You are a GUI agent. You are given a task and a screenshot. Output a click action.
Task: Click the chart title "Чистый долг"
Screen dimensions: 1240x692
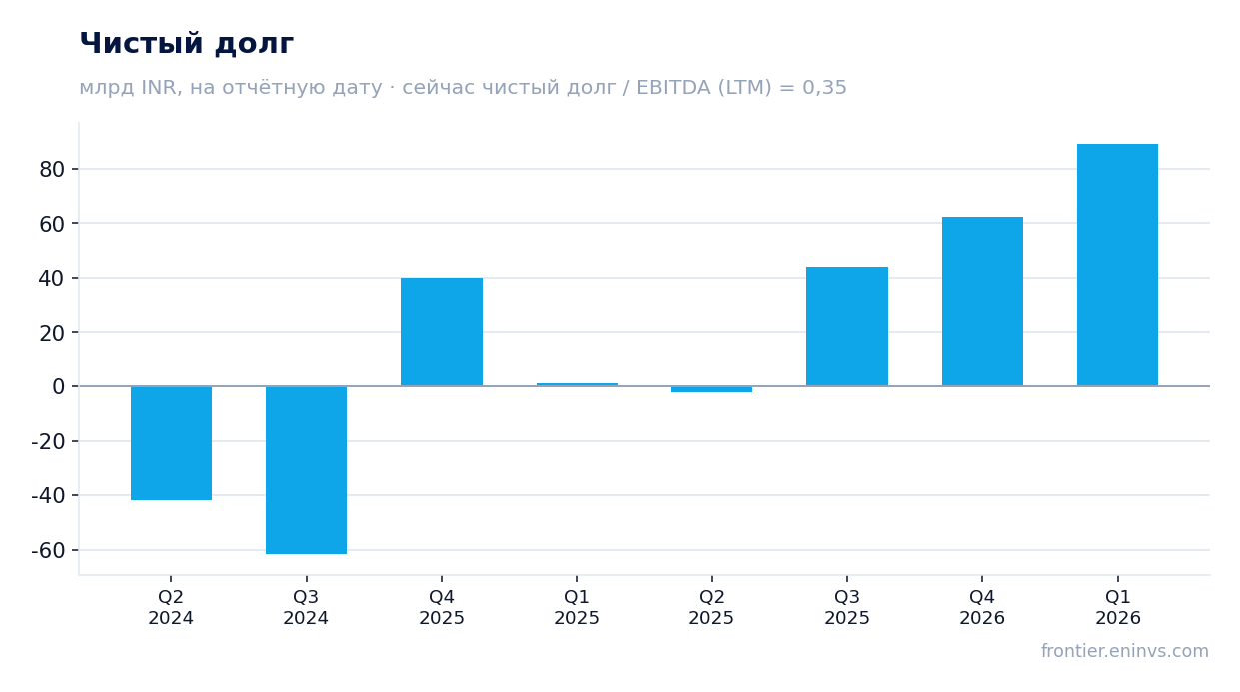point(187,43)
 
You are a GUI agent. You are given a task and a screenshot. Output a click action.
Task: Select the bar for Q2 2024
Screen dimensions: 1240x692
point(171,443)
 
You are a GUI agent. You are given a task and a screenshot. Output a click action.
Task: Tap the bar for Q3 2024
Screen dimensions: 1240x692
point(306,470)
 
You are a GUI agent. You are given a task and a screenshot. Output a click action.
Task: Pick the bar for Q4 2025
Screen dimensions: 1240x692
point(442,332)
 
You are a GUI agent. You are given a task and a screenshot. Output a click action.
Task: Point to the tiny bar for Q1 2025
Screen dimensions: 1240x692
point(577,384)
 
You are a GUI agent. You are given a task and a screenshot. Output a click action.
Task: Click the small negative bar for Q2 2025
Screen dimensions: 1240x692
point(711,389)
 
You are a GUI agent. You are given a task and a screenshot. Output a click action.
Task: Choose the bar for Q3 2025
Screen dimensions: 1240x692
point(847,327)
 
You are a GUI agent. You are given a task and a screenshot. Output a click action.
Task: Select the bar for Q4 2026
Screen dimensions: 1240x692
point(982,302)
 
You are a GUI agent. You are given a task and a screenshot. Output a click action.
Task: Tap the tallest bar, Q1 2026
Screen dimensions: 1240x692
point(1118,265)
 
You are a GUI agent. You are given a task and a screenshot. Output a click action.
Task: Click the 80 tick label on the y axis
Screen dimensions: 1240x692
point(52,170)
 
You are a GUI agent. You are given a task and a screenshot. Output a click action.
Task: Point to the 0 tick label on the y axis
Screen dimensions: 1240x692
point(59,386)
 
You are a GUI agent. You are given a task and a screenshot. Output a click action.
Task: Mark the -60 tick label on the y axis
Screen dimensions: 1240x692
point(48,550)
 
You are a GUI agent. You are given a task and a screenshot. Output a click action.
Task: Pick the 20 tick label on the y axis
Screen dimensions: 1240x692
point(52,333)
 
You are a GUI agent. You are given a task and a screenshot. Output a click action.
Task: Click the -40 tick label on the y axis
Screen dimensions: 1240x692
point(48,495)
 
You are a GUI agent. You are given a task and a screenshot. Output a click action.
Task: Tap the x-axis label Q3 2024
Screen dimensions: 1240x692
point(306,607)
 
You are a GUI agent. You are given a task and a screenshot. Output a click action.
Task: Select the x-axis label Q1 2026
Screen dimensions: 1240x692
point(1118,607)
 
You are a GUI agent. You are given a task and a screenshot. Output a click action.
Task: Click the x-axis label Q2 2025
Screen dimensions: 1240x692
point(711,607)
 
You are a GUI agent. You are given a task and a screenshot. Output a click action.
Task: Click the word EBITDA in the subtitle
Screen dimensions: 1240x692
point(673,88)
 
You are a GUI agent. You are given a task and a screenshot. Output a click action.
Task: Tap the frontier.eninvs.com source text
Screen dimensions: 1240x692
point(1125,651)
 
